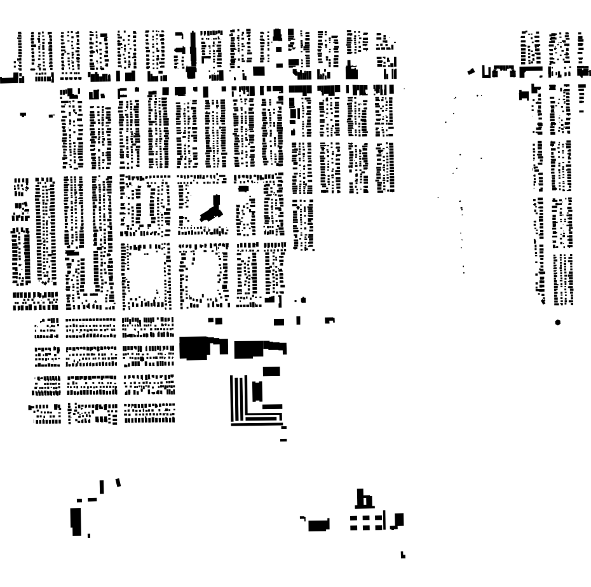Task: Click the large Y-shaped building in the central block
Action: coord(212,210)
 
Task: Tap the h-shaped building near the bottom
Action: coord(364,500)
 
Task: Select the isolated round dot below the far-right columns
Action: coord(558,322)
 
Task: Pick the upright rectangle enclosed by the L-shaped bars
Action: coord(257,390)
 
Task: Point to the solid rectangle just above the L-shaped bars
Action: coord(271,371)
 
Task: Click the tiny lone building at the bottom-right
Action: coord(402,557)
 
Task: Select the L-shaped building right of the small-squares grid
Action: coord(398,521)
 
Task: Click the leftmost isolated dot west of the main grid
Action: coord(24,114)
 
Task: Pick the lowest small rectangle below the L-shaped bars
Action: coord(283,440)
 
